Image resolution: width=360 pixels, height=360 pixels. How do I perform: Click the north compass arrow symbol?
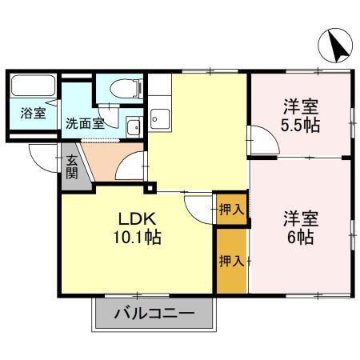[x=338, y=47]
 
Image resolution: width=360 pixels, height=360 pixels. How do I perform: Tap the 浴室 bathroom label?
[x=33, y=114]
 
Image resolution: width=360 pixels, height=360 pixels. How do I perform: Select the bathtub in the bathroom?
[x=33, y=86]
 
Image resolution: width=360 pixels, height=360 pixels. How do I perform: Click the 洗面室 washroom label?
[x=84, y=124]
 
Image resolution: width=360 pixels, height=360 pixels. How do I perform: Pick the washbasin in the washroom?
[x=133, y=126]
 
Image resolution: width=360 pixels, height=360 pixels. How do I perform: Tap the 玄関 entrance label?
[x=72, y=166]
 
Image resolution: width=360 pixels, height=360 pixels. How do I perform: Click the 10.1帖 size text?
[x=137, y=238]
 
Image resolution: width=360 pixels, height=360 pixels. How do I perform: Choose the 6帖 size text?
[x=300, y=238]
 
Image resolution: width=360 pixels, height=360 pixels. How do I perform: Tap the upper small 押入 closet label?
[x=230, y=210]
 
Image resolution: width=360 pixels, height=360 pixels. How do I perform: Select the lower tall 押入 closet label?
[x=230, y=261]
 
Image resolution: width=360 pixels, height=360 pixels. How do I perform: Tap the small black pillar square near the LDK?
[x=150, y=189]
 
